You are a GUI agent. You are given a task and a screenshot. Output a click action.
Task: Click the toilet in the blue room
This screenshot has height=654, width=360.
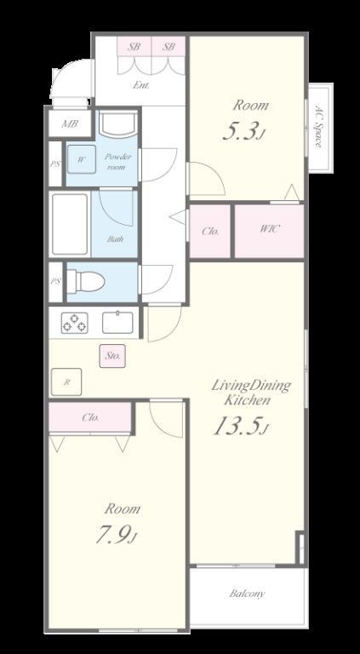click(85, 281)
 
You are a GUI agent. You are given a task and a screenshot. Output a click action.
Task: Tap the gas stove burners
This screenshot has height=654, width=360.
click(75, 323)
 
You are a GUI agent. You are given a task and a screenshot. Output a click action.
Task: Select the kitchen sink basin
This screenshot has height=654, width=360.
click(118, 323)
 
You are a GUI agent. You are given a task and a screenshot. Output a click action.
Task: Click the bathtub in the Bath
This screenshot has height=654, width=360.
click(70, 224)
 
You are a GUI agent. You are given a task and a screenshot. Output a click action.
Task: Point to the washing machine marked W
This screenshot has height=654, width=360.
click(81, 159)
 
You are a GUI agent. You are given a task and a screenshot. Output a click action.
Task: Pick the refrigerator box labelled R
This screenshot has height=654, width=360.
click(66, 381)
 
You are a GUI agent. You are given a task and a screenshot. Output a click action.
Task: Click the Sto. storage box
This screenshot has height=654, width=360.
click(112, 356)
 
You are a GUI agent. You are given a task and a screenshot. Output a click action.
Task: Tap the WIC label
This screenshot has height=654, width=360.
click(269, 228)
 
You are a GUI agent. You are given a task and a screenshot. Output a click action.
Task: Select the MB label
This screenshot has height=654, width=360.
click(70, 123)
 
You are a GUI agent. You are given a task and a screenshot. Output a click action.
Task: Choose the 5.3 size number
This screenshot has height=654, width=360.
click(243, 132)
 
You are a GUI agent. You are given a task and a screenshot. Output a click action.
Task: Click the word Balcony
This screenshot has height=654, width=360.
click(247, 594)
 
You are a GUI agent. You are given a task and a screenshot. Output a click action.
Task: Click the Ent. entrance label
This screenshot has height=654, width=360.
click(141, 85)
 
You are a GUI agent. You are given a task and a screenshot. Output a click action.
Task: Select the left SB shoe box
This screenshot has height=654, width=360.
click(134, 46)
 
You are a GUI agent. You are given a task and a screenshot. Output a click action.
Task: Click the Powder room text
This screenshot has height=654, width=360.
click(117, 162)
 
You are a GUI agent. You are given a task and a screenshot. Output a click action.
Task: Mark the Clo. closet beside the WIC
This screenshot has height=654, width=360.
click(210, 231)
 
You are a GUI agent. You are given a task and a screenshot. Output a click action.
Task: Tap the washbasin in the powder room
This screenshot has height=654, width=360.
click(118, 123)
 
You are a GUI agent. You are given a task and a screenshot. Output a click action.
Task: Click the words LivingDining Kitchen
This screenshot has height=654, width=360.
click(251, 393)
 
